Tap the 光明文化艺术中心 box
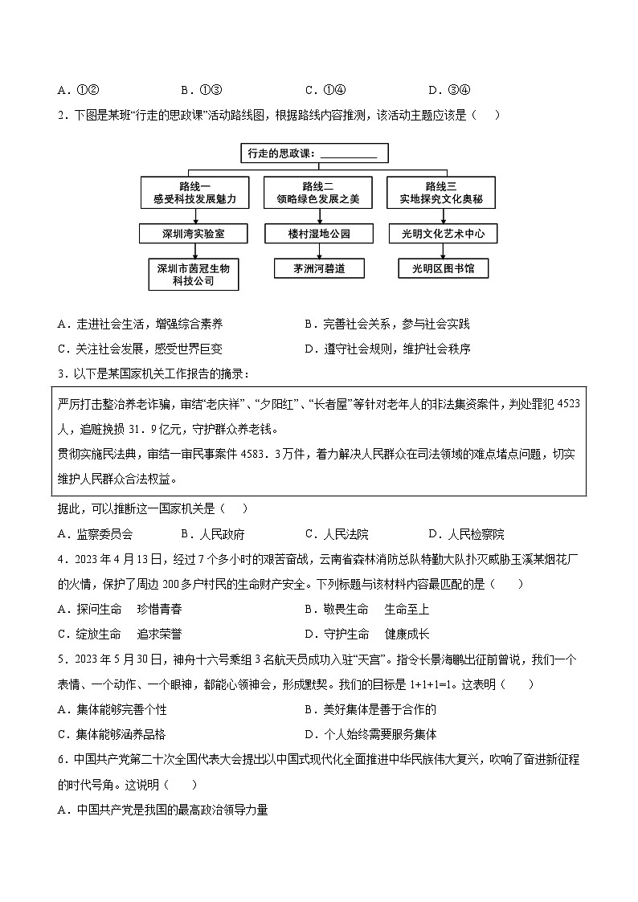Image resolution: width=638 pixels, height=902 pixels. (443, 234)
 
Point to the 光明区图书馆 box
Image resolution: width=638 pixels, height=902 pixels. (443, 268)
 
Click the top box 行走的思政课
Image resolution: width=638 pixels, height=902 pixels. (313, 153)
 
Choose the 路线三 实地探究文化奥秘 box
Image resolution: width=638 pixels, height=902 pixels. (446, 193)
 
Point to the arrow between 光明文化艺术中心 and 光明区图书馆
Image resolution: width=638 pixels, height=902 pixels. (443, 251)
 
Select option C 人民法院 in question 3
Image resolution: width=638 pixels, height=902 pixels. (337, 534)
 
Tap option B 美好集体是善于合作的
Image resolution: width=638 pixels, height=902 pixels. (370, 709)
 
